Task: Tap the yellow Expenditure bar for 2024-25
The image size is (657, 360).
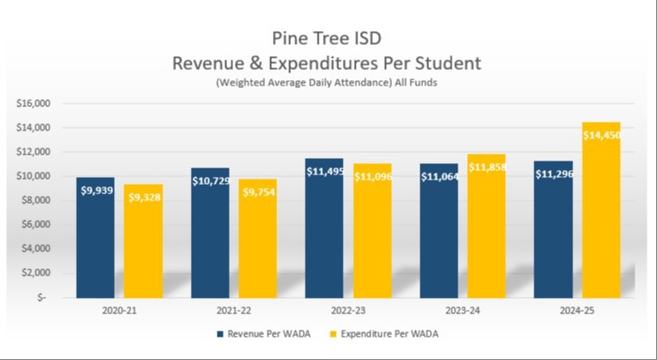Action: pyautogui.click(x=600, y=224)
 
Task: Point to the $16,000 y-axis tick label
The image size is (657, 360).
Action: pyautogui.click(x=35, y=104)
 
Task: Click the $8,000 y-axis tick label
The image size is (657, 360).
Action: pyautogui.click(x=37, y=200)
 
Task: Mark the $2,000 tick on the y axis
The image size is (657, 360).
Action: pyautogui.click(x=37, y=273)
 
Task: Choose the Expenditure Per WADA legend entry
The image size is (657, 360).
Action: pyautogui.click(x=376, y=332)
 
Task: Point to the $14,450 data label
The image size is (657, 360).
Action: pyautogui.click(x=601, y=136)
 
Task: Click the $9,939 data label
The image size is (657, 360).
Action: pyautogui.click(x=96, y=190)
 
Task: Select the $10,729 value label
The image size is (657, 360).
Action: pyautogui.click(x=211, y=180)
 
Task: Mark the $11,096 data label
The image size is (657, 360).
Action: pyautogui.click(x=371, y=176)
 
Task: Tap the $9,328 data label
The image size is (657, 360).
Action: pyautogui.click(x=143, y=198)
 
